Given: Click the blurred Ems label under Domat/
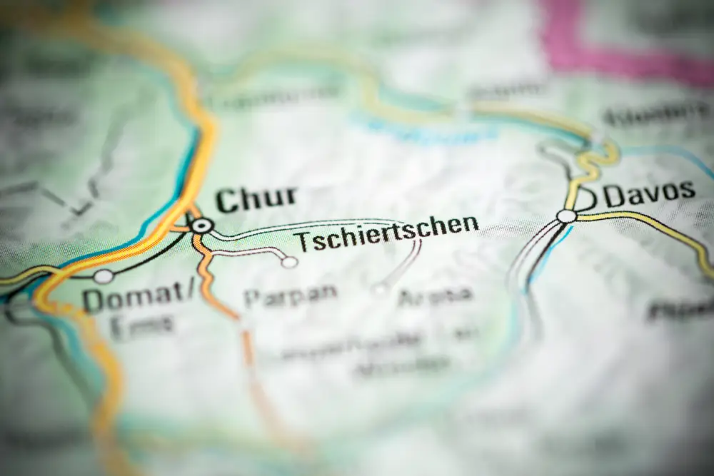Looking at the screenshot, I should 141,326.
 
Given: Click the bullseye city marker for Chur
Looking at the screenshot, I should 203,226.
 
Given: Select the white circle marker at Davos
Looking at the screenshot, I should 566,216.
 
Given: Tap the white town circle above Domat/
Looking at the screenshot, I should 104,276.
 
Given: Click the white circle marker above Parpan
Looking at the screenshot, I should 289,263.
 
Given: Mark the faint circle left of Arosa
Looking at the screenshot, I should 380,289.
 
